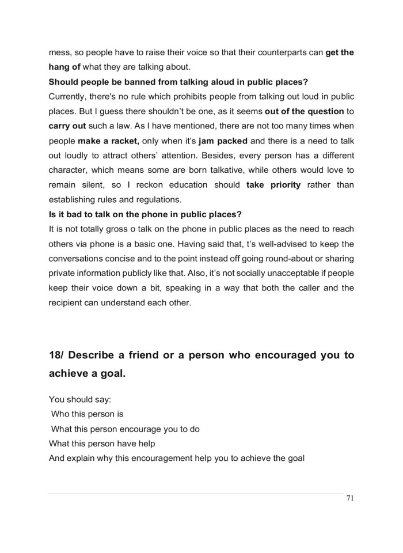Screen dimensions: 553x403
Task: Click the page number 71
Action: tap(349, 499)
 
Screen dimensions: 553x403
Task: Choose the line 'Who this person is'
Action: tap(87, 414)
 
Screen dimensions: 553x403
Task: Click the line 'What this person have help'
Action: tap(102, 444)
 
